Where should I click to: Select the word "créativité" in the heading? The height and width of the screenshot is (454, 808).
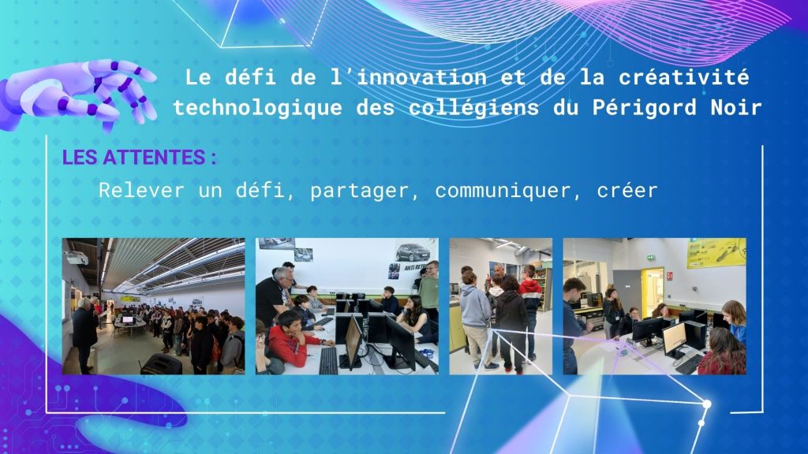(684, 77)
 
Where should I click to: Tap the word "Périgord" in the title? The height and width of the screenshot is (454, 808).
(645, 107)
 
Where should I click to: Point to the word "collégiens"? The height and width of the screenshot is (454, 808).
(474, 107)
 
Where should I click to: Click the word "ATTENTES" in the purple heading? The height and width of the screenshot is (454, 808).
(154, 158)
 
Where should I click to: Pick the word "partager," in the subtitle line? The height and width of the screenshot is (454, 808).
(365, 191)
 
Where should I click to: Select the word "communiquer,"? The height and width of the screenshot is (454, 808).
(503, 191)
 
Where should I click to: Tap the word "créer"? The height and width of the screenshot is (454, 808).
(627, 191)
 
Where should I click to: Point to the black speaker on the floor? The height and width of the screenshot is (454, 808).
(161, 364)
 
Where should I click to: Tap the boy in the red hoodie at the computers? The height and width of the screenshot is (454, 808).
(291, 337)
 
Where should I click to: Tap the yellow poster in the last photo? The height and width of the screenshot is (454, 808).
(716, 253)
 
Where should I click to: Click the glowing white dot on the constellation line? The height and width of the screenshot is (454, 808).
(707, 404)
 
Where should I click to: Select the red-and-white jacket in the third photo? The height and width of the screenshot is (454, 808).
(530, 296)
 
